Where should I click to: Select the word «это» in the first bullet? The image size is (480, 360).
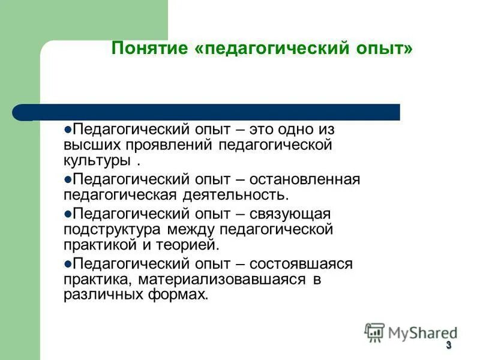click(x=260, y=129)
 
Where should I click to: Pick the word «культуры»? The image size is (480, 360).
click(x=97, y=161)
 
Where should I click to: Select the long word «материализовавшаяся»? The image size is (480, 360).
click(x=222, y=279)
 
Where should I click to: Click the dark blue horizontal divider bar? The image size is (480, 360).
click(x=210, y=112)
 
